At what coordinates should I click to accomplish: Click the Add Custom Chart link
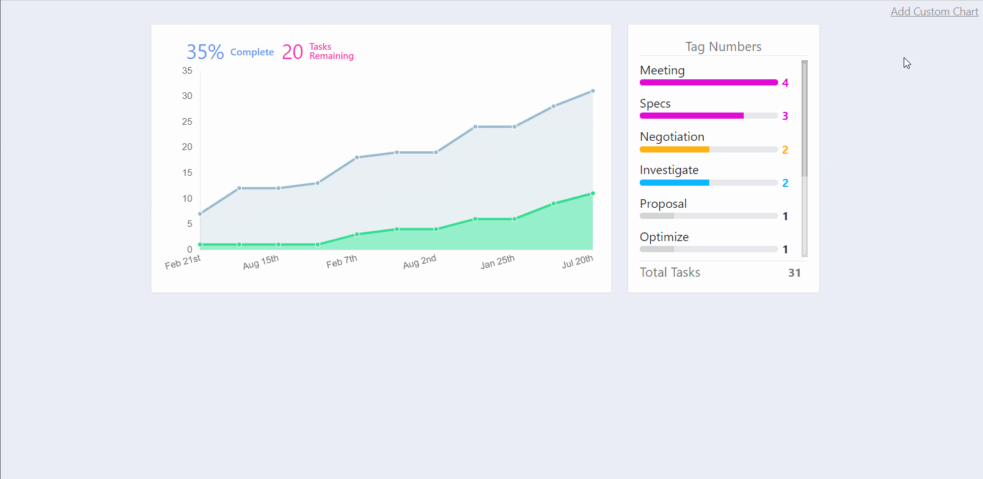tap(934, 12)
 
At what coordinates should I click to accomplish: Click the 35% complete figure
tap(205, 52)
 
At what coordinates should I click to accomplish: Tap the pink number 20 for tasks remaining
tap(292, 52)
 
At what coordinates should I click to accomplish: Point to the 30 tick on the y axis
tap(187, 96)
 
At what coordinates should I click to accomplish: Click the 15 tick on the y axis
tap(187, 173)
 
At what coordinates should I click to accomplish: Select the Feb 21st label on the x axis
tap(183, 263)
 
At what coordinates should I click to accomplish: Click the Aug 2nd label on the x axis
tap(420, 262)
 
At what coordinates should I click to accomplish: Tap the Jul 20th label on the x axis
tap(577, 262)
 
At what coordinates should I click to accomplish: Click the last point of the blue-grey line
tap(593, 91)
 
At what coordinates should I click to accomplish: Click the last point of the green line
tap(593, 194)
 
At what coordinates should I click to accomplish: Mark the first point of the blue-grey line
tap(200, 214)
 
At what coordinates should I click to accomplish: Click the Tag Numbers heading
tap(723, 47)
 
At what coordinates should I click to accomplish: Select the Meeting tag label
tap(662, 70)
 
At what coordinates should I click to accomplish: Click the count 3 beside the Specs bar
tap(785, 116)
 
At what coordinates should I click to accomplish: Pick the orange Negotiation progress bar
tap(674, 149)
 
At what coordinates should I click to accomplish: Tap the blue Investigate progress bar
tap(674, 183)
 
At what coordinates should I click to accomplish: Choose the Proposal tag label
tap(663, 204)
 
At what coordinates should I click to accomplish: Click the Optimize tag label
tap(664, 237)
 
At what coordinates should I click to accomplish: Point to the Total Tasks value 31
tap(794, 273)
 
